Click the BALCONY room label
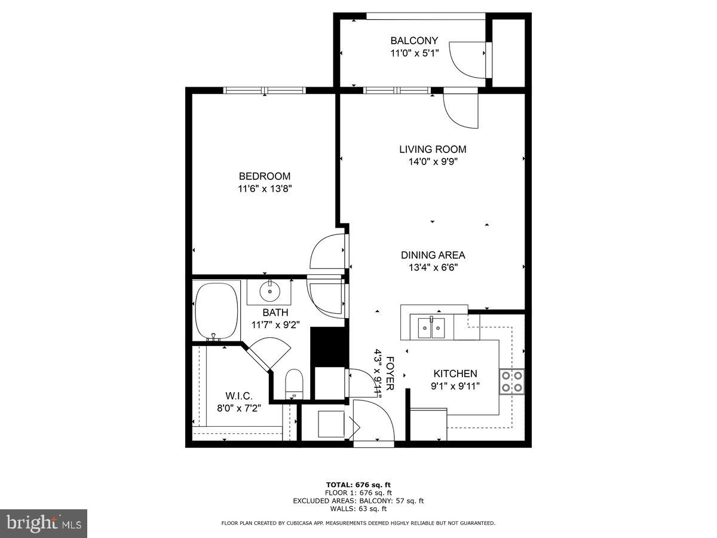coord(414,41)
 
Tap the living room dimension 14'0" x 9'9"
coord(433,161)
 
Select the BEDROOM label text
coord(265,176)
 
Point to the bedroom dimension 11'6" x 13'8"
coord(265,188)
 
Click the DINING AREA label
coord(433,255)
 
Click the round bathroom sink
coord(269,292)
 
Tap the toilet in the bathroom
coord(294,383)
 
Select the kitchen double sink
coord(431,328)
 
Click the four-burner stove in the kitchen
coord(512,381)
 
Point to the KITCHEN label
coord(455,374)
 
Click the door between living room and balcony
coord(461,108)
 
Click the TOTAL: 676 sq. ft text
coord(358,485)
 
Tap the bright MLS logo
coord(44,524)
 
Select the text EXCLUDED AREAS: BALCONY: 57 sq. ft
coord(358,501)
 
